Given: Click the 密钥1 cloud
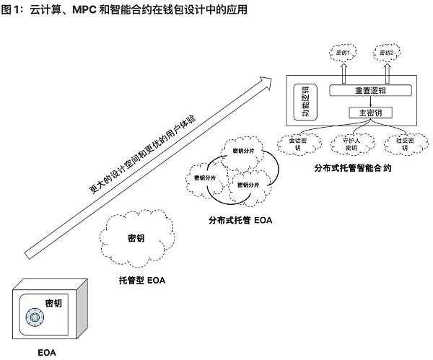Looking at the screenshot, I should [x=344, y=53].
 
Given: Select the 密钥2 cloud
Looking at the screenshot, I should [x=387, y=53].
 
